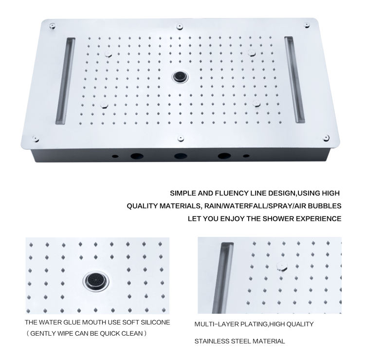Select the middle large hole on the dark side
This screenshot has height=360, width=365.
click(180, 157)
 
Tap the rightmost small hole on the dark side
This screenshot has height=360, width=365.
click(245, 157)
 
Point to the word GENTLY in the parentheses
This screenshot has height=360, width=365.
click(44, 333)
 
